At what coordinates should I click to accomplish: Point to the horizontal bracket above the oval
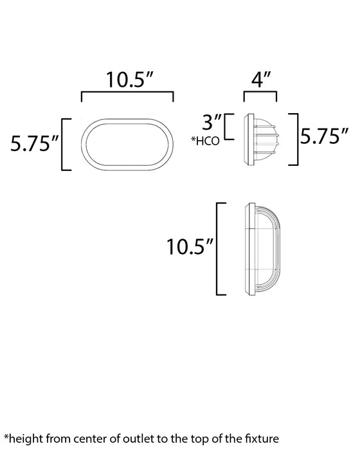pos(127,94)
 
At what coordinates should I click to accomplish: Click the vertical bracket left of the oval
pos(62,144)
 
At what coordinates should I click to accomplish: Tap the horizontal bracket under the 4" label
pos(260,94)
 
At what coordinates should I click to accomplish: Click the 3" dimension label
pos(213,122)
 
